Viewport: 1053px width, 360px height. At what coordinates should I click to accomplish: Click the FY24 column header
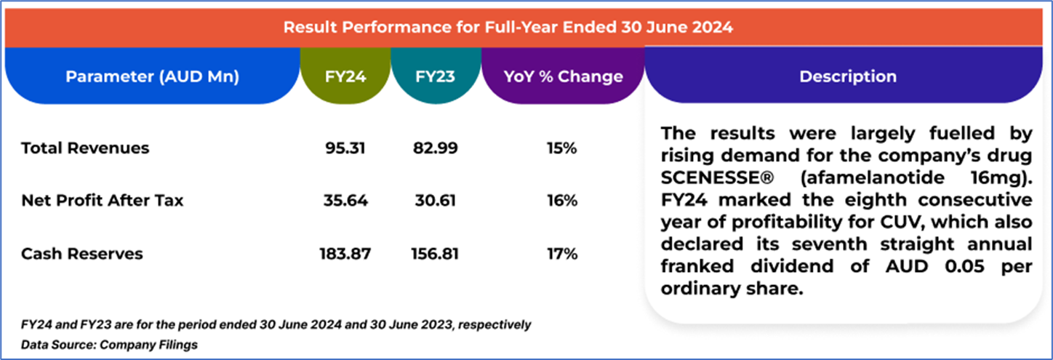pyautogui.click(x=345, y=76)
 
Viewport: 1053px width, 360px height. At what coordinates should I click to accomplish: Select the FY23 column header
pyautogui.click(x=436, y=76)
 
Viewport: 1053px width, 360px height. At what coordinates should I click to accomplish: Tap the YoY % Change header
pyautogui.click(x=564, y=76)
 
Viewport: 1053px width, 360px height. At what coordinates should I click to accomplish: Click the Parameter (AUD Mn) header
pyautogui.click(x=153, y=76)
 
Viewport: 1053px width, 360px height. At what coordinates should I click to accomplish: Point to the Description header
pyautogui.click(x=848, y=76)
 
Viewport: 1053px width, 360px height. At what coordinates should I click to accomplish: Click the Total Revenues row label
pyautogui.click(x=85, y=148)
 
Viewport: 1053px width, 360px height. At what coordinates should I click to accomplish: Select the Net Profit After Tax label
pyautogui.click(x=103, y=201)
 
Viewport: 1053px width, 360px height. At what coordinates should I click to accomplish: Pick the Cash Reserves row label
pyautogui.click(x=82, y=254)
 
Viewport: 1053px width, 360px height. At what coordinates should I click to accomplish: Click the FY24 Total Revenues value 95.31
pyautogui.click(x=345, y=148)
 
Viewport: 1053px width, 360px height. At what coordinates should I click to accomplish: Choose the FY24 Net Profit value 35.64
pyautogui.click(x=345, y=201)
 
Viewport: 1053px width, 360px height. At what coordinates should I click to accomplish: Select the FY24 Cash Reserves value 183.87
pyautogui.click(x=345, y=254)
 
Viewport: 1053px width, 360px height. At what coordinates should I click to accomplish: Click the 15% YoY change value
pyautogui.click(x=563, y=148)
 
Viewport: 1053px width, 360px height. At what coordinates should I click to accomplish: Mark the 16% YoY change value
pyautogui.click(x=563, y=201)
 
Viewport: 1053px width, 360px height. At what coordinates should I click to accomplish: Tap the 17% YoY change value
pyautogui.click(x=563, y=254)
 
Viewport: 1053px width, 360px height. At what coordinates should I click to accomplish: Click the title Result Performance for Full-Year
pyautogui.click(x=508, y=28)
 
